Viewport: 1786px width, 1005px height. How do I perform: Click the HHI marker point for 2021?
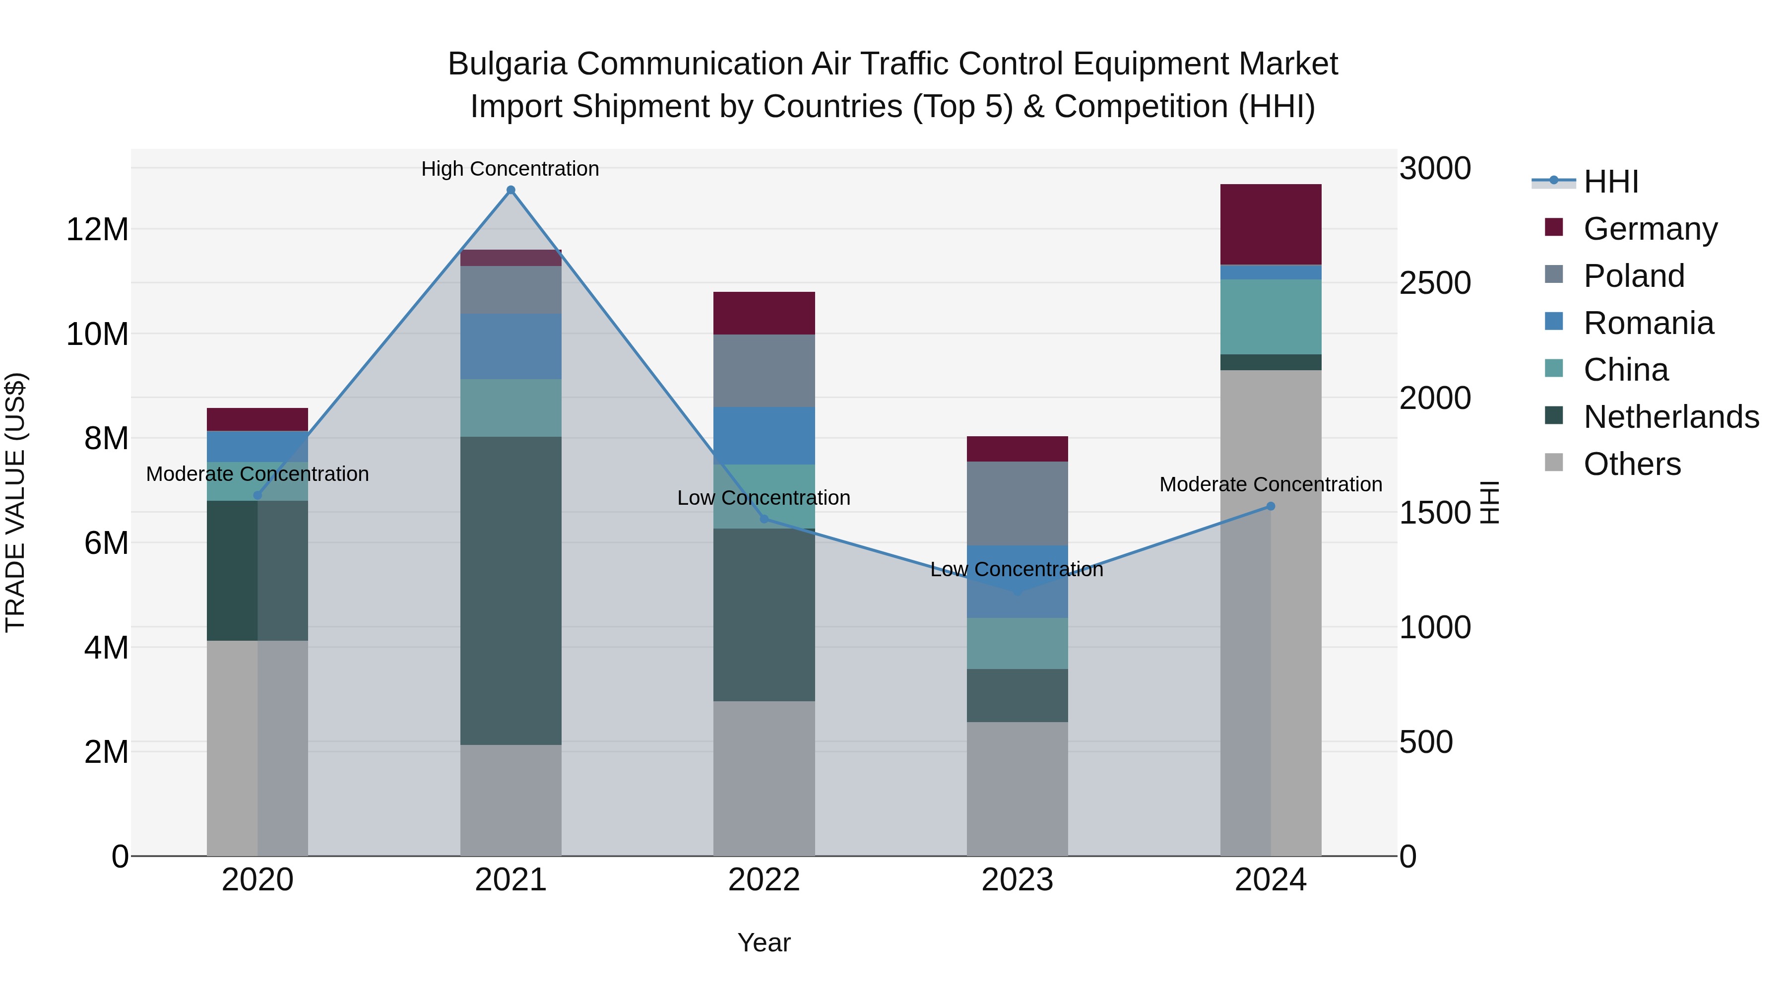pyautogui.click(x=511, y=190)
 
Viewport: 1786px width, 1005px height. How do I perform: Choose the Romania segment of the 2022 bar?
pyautogui.click(x=764, y=436)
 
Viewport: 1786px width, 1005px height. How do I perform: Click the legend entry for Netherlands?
pyautogui.click(x=1671, y=417)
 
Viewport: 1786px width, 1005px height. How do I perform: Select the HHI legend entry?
pyautogui.click(x=1610, y=182)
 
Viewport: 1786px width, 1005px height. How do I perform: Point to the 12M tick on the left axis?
pyautogui.click(x=97, y=229)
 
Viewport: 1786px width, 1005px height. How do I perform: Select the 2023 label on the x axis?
pyautogui.click(x=1017, y=879)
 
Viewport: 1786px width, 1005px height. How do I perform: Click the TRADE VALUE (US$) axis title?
pyautogui.click(x=15, y=502)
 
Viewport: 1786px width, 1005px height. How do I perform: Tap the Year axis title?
pyautogui.click(x=764, y=942)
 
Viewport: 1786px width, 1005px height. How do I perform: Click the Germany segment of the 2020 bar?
pyautogui.click(x=257, y=419)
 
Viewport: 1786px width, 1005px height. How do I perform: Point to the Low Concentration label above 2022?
pyautogui.click(x=764, y=498)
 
